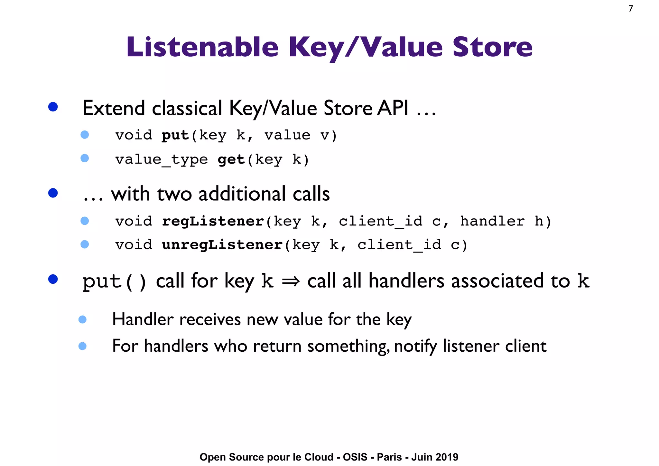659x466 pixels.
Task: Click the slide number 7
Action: click(x=631, y=9)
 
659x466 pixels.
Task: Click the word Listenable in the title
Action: click(x=202, y=47)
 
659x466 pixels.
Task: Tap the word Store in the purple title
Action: click(x=492, y=47)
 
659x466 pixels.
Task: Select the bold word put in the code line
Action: click(x=175, y=136)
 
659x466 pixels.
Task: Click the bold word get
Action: click(x=231, y=159)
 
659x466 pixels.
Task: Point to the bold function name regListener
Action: click(x=213, y=222)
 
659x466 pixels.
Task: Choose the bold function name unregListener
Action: click(x=222, y=245)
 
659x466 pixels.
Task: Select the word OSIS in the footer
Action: click(x=355, y=457)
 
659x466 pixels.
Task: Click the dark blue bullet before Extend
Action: click(x=53, y=107)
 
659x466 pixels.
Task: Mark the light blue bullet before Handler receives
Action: click(x=82, y=319)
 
